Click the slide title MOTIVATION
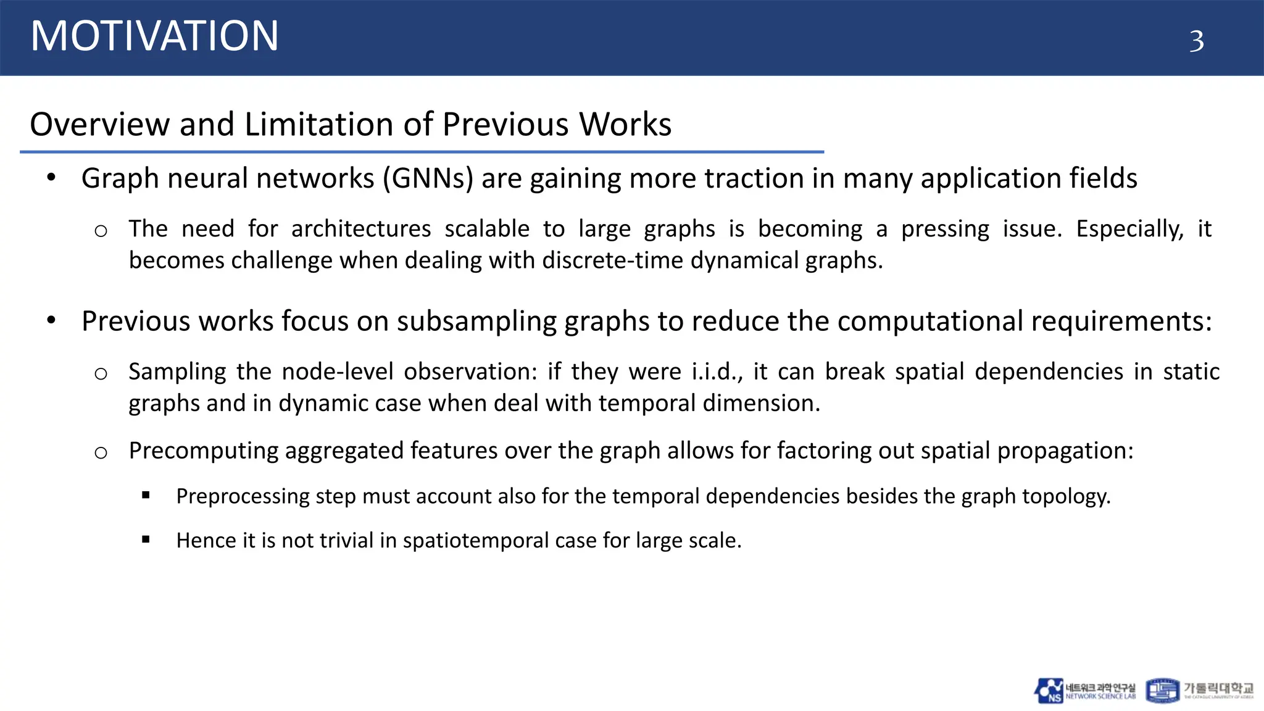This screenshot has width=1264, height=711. pyautogui.click(x=154, y=36)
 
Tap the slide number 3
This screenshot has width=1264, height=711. pyautogui.click(x=1196, y=41)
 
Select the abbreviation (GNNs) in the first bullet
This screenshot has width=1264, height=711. pyautogui.click(x=428, y=178)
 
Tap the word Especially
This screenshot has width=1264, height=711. pyautogui.click(x=1130, y=229)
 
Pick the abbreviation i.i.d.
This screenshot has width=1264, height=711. pyautogui.click(x=717, y=372)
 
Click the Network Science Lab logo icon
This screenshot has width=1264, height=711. pyautogui.click(x=1049, y=691)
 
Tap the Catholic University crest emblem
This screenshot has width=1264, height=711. pyautogui.click(x=1162, y=691)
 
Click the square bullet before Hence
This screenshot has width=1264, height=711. pyautogui.click(x=146, y=539)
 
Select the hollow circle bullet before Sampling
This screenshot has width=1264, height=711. pyautogui.click(x=101, y=373)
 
